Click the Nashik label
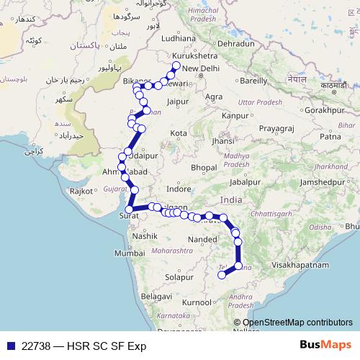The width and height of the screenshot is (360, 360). [145, 235]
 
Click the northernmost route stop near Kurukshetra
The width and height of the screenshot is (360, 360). [176, 66]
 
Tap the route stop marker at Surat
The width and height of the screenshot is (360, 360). [129, 210]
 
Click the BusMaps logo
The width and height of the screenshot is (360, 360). [325, 345]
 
